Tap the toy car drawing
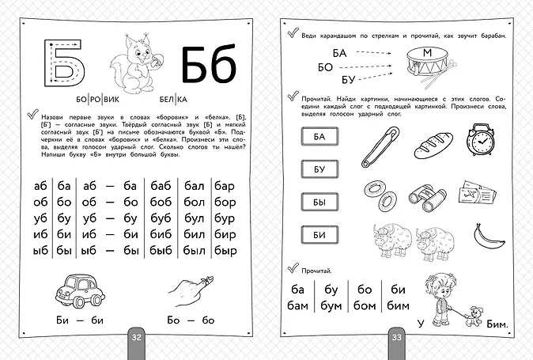tap(80, 290)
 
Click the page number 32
tap(136, 337)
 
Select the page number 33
tap(397, 337)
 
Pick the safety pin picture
tap(380, 146)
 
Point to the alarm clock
tap(480, 139)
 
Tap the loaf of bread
tap(433, 145)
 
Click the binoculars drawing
tap(427, 198)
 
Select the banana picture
tap(488, 237)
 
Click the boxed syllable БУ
tap(319, 169)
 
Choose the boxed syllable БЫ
tap(319, 202)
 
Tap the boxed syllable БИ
tap(319, 234)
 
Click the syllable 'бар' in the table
tap(225, 186)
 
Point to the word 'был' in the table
tap(194, 251)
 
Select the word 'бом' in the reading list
tap(365, 305)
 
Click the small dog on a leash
tap(473, 316)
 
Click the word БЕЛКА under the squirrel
tap(173, 99)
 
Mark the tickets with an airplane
tap(477, 192)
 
